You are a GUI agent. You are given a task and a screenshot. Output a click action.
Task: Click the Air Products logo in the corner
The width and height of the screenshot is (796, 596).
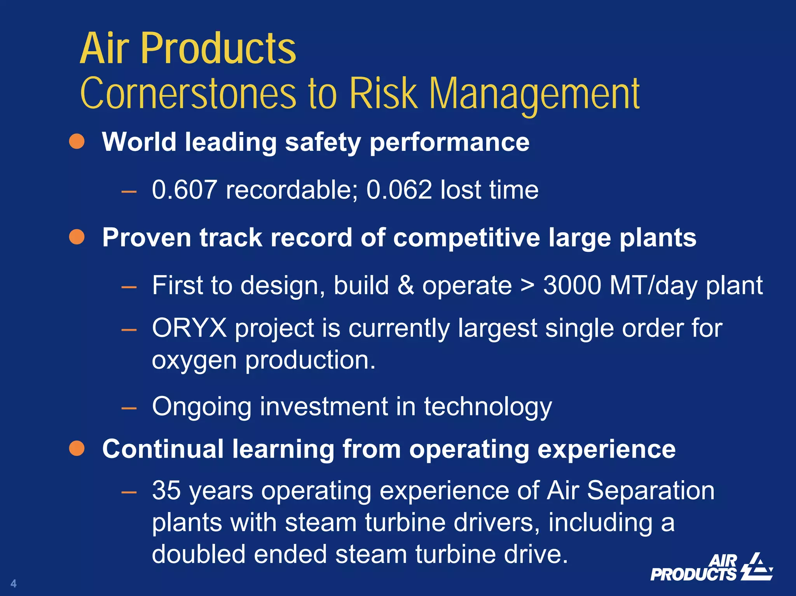tap(711, 568)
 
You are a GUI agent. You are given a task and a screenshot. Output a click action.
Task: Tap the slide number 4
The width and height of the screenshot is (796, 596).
tap(14, 583)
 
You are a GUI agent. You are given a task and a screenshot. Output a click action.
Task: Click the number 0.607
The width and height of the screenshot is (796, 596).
tap(184, 190)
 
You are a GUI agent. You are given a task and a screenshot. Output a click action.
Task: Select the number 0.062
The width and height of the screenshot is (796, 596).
tap(399, 190)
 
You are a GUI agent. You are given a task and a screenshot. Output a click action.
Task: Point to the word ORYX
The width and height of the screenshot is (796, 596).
tap(189, 328)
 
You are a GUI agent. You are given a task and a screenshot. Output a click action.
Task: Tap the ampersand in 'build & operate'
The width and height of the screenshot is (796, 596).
tap(405, 286)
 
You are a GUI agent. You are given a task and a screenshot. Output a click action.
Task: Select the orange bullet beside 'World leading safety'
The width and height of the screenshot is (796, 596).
tap(77, 141)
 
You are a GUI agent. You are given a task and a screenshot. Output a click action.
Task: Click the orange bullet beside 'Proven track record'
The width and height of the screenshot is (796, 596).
tap(77, 237)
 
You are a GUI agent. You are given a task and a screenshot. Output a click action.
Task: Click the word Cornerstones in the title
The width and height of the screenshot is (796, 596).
tap(189, 94)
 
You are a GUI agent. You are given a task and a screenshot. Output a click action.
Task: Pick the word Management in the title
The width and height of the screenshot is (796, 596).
tap(534, 94)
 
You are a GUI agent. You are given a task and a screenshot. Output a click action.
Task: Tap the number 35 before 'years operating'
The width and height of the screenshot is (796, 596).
tap(166, 490)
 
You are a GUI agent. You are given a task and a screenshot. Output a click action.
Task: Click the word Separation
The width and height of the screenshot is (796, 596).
tap(650, 490)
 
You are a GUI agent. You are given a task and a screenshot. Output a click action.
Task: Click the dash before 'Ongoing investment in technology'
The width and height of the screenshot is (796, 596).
tap(129, 408)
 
